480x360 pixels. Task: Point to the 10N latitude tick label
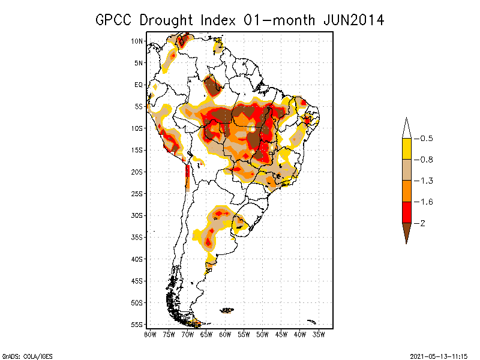(x=137, y=41)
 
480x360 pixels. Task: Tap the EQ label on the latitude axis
(x=139, y=85)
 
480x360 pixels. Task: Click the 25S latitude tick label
(x=137, y=193)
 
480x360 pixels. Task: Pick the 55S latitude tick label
(x=137, y=324)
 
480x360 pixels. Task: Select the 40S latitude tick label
(x=137, y=259)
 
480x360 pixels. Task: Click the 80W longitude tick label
(x=150, y=334)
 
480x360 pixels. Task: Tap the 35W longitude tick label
(x=319, y=334)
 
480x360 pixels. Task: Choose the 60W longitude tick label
(x=225, y=334)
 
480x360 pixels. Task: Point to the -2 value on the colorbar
(x=423, y=223)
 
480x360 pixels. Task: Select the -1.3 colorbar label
(x=425, y=181)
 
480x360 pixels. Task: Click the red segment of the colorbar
(x=406, y=212)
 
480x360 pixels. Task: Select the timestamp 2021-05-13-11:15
(x=439, y=356)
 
